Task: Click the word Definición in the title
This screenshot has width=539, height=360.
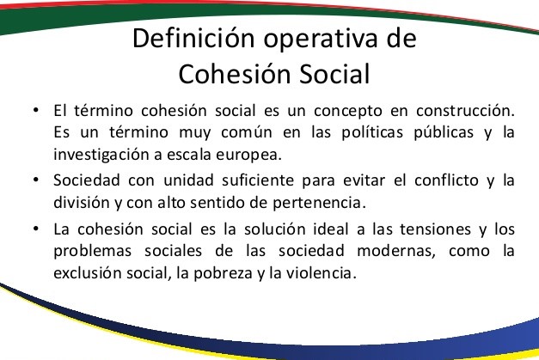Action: point(193,38)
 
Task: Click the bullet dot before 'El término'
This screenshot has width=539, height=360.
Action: point(36,110)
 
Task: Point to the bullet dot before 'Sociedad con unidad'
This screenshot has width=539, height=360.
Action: point(36,180)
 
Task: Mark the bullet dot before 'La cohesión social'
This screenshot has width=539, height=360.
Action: point(36,229)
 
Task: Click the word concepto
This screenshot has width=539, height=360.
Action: point(348,112)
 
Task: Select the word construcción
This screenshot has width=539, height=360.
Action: point(465,110)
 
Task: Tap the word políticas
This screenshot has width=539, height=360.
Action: point(372,132)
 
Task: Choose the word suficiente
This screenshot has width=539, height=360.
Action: point(258,180)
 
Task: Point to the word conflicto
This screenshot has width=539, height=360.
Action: point(446,180)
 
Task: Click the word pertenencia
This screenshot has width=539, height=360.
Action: point(319,203)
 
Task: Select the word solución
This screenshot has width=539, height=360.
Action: point(274,229)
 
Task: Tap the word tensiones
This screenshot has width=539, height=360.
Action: point(435,229)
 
